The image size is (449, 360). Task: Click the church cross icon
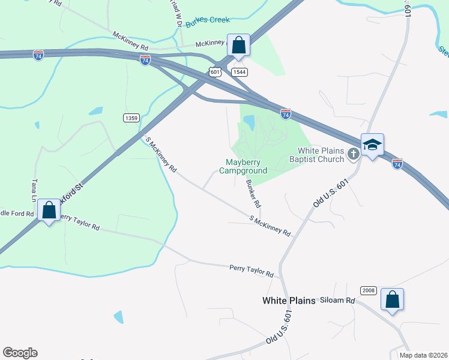(x=354, y=154)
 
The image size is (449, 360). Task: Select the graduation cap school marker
(x=372, y=145)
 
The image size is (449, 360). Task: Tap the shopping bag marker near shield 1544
(x=239, y=45)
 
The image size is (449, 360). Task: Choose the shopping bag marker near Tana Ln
(x=48, y=211)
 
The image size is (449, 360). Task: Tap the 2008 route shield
(x=368, y=290)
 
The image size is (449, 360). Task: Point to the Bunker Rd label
(x=253, y=193)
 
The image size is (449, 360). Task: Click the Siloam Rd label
(x=337, y=300)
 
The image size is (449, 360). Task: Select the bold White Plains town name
(x=289, y=301)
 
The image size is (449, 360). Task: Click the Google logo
(x=20, y=353)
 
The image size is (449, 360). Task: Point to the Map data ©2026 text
(x=423, y=355)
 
